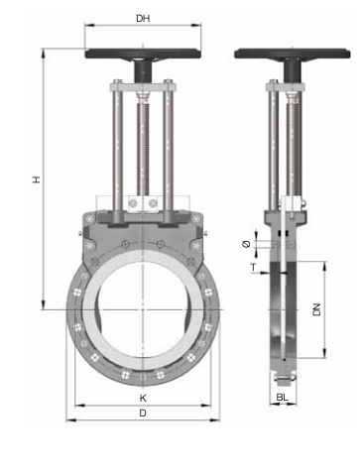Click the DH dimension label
pyautogui.click(x=143, y=18)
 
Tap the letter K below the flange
pyautogui.click(x=143, y=398)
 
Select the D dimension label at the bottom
pyautogui.click(x=143, y=413)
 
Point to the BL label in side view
pyautogui.click(x=282, y=397)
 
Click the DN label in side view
pyautogui.click(x=316, y=309)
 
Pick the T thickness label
pyautogui.click(x=253, y=267)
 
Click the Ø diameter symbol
pyautogui.click(x=246, y=245)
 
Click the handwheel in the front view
pyautogui.click(x=143, y=55)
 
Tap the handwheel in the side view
pyautogui.click(x=293, y=55)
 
